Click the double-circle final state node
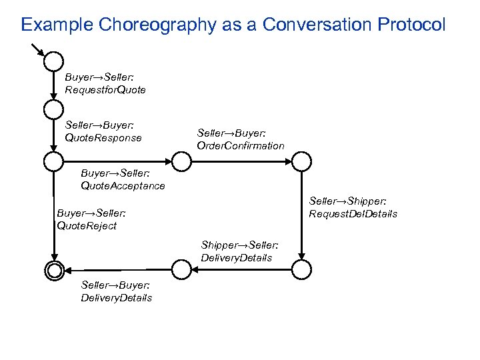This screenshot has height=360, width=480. (53, 269)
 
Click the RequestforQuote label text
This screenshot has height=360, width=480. (105, 89)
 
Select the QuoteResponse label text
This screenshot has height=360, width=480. (103, 138)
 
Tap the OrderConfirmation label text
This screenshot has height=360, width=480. (241, 145)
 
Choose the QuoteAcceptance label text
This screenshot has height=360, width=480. (123, 186)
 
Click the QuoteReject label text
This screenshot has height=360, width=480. (87, 225)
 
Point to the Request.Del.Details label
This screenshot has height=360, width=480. (353, 214)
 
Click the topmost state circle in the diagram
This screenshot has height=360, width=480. (53, 61)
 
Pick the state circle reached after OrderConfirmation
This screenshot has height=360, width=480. (301, 161)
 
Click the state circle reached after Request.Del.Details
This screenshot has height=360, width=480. (301, 269)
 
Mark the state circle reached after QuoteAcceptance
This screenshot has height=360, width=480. (181, 161)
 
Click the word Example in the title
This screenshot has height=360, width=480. (57, 25)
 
